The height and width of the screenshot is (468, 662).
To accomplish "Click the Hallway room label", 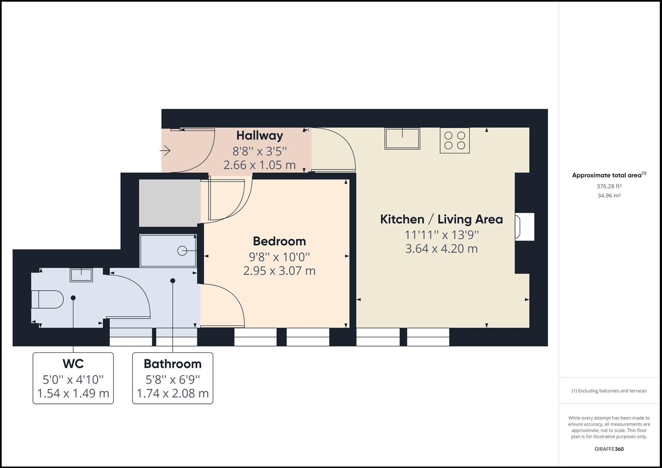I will [259, 136].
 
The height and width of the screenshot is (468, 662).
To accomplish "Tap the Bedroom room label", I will [279, 241].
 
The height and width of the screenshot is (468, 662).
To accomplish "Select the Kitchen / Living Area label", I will [441, 219].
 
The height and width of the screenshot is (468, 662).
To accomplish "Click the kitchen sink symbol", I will [402, 138].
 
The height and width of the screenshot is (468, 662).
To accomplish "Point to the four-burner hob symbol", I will [454, 140].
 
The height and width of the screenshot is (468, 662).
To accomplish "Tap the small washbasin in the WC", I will [81, 275].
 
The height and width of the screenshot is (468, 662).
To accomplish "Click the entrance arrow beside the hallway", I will [165, 151].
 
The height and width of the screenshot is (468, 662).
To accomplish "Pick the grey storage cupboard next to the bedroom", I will [170, 203].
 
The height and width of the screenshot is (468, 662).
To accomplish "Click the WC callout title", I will [73, 363].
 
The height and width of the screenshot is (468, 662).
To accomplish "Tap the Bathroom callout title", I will [173, 364].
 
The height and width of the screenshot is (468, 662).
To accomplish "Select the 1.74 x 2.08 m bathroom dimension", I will [173, 393].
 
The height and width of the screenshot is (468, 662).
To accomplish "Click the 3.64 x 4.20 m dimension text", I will [441, 249].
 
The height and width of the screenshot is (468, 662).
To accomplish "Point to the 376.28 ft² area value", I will [609, 186].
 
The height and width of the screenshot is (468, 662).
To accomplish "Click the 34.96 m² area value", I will [609, 195].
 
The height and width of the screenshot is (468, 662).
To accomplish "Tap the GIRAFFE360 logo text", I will [609, 449].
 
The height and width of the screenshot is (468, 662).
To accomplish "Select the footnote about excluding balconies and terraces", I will [609, 391].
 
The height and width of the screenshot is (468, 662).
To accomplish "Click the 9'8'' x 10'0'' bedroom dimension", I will [279, 257].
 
